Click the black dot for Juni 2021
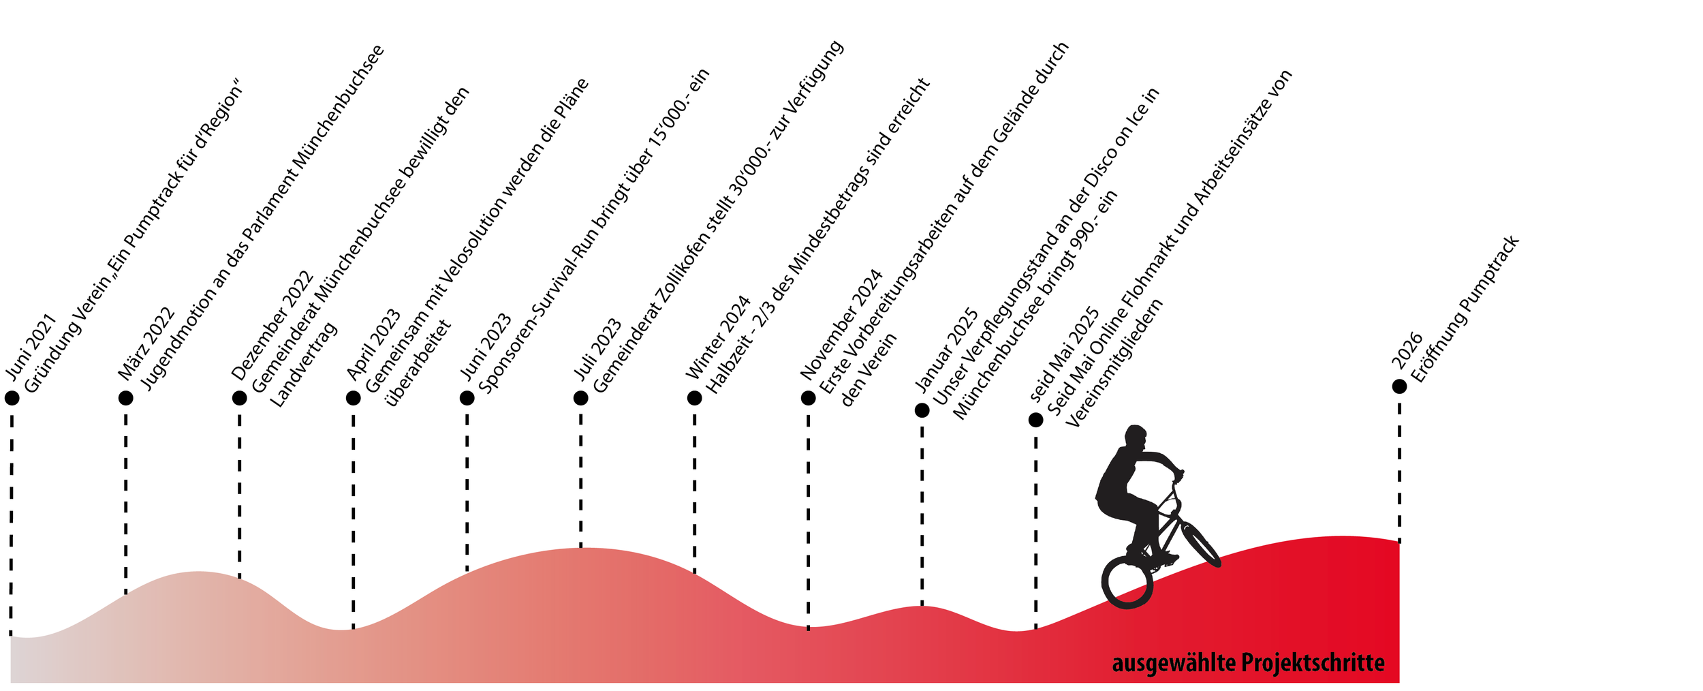tap(12, 398)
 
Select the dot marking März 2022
tap(125, 398)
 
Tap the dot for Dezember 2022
tap(239, 398)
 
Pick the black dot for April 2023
tap(353, 398)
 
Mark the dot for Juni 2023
tap(467, 398)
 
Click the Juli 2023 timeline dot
tap(580, 398)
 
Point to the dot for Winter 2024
tap(694, 398)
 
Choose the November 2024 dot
tap(808, 398)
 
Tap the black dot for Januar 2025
tap(922, 410)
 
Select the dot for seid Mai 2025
tap(1035, 420)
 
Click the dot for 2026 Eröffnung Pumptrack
tap(1399, 386)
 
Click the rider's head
tap(1136, 435)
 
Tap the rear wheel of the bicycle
tap(1127, 583)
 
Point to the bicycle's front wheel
tap(1200, 544)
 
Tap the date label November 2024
tap(842, 325)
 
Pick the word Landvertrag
tap(304, 365)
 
